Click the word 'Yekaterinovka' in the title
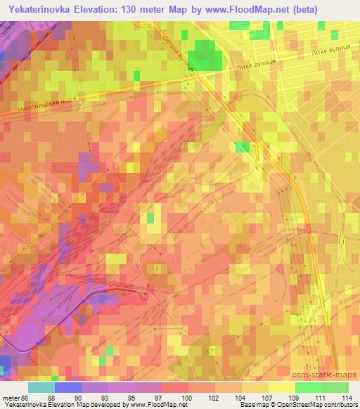41,10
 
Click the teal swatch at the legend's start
41,387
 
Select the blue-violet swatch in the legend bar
67,387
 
